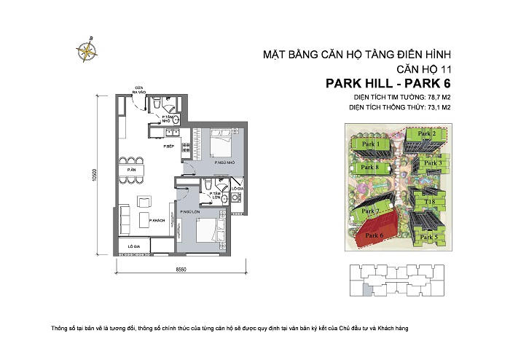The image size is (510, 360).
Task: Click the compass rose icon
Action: (89, 49)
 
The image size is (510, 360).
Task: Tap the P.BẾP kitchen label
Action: (168, 146)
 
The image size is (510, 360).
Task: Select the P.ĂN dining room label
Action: (130, 170)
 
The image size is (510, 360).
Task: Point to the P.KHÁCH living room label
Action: (155, 220)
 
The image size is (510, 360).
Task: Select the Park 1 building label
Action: (372, 145)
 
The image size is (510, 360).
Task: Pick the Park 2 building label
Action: (427, 134)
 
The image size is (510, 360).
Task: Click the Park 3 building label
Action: (433, 163)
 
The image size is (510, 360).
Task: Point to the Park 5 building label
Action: (430, 237)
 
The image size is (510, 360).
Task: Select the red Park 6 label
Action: (374, 236)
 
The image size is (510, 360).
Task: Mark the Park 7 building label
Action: (372, 211)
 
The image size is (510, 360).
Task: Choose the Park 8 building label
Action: (371, 168)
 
